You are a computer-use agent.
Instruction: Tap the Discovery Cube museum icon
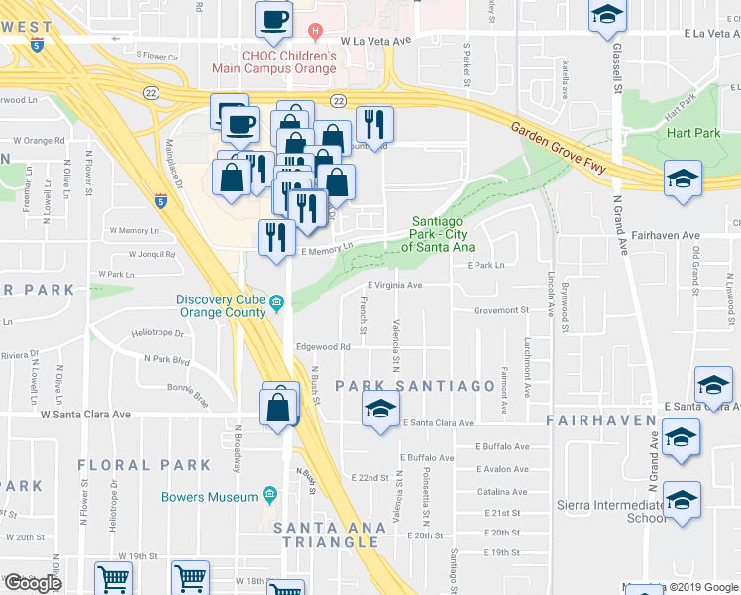(x=277, y=301)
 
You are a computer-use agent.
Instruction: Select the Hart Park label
(x=690, y=133)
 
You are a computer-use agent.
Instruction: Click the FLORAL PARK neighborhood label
(x=144, y=464)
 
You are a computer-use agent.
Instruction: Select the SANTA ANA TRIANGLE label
(x=327, y=535)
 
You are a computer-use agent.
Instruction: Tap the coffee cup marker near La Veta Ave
(x=273, y=17)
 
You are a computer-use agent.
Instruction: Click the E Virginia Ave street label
(x=394, y=286)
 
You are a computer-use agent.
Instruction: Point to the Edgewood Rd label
(x=323, y=347)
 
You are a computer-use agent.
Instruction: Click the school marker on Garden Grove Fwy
(x=683, y=179)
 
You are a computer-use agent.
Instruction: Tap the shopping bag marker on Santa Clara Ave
(x=279, y=406)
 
